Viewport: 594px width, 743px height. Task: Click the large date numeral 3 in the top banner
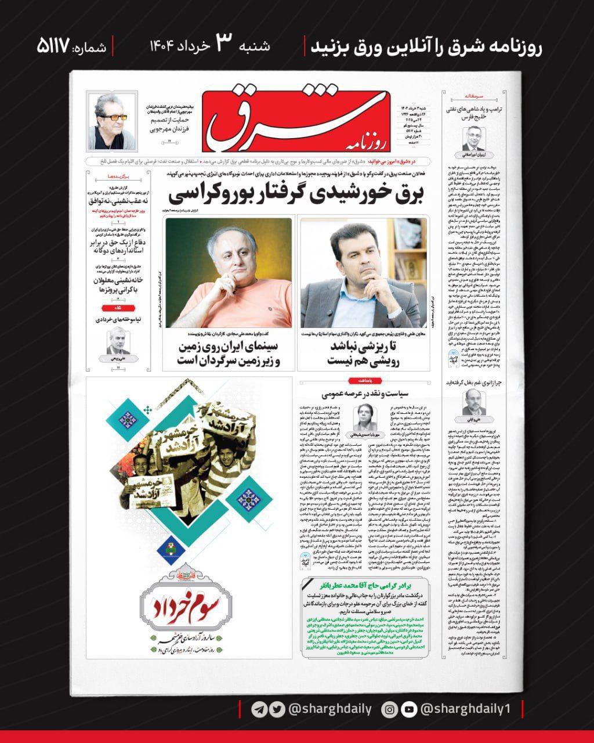click(224, 44)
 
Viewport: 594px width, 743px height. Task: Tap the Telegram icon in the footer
click(259, 709)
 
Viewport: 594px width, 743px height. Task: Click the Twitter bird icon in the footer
click(278, 709)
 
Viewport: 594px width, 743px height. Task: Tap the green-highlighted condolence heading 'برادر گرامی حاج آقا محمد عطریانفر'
click(364, 584)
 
